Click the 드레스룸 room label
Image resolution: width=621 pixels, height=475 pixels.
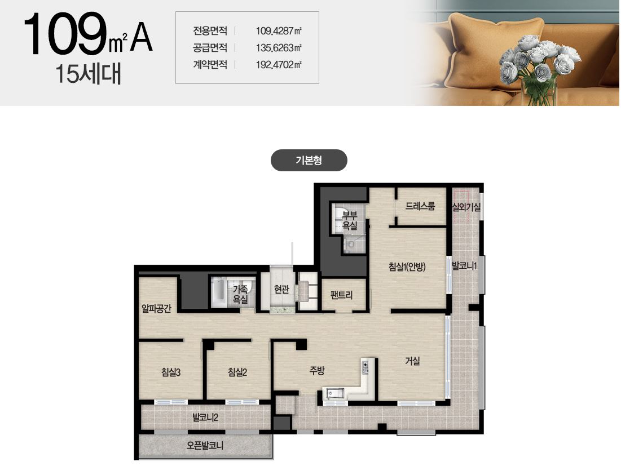(x=420, y=206)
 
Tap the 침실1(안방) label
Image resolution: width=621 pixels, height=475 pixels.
(x=407, y=267)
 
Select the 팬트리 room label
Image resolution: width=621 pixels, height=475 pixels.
(x=341, y=295)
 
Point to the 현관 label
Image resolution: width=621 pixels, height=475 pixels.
(x=281, y=290)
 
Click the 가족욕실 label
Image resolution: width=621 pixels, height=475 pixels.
(x=240, y=294)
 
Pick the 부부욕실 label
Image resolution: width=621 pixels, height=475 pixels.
(x=350, y=221)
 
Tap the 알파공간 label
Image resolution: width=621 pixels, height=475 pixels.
(x=156, y=308)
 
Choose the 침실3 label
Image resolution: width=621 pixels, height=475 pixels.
(x=171, y=372)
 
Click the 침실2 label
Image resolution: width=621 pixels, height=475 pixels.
(x=237, y=372)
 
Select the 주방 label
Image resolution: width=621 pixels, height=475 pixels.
(x=317, y=371)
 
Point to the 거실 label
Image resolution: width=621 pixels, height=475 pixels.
(x=412, y=361)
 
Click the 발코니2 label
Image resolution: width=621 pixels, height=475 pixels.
(x=205, y=417)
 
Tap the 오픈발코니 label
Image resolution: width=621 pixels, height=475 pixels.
(x=205, y=446)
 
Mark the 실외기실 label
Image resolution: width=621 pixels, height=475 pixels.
(x=466, y=206)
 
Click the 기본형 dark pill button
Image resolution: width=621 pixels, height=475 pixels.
(x=309, y=160)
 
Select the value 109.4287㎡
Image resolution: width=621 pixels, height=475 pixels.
(x=279, y=31)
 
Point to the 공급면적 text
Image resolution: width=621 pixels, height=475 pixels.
(x=210, y=48)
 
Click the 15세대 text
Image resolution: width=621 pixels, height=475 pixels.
(x=88, y=74)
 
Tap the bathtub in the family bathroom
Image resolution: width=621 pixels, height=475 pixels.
(x=218, y=292)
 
